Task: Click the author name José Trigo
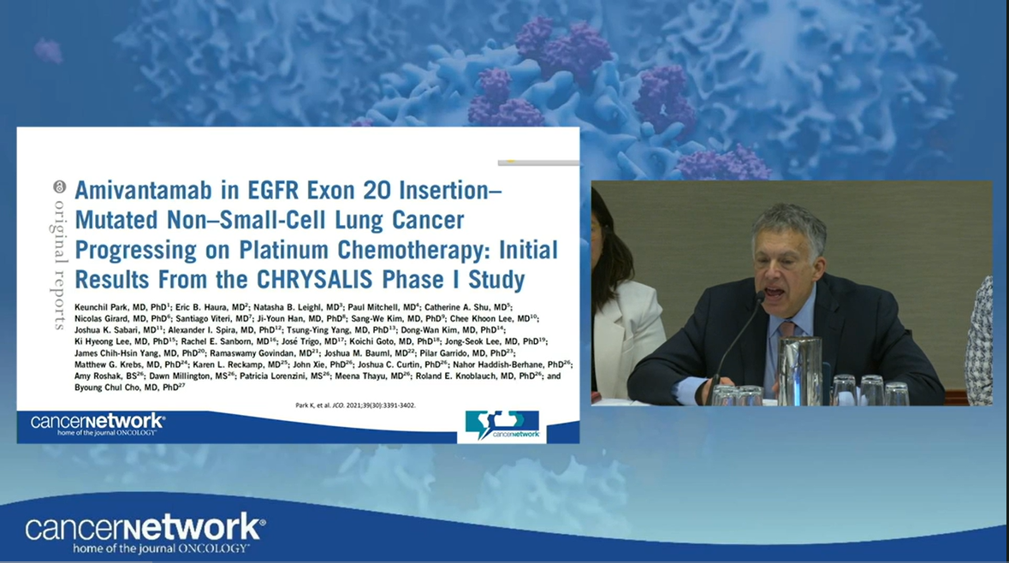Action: pyautogui.click(x=308, y=341)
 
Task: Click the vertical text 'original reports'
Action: pyautogui.click(x=60, y=264)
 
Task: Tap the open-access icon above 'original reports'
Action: pyautogui.click(x=59, y=186)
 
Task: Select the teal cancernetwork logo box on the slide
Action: pyautogui.click(x=502, y=426)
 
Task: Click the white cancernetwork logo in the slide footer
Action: pyautogui.click(x=97, y=424)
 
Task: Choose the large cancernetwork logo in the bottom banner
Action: pyautogui.click(x=145, y=530)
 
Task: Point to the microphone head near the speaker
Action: pyautogui.click(x=758, y=297)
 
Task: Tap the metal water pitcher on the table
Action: pyautogui.click(x=799, y=370)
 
